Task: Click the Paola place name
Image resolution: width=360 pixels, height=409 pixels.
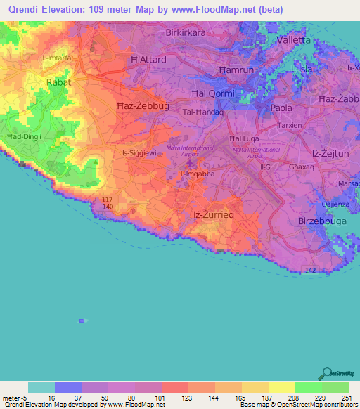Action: coord(283,108)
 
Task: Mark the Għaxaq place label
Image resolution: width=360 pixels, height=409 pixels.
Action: coord(301,167)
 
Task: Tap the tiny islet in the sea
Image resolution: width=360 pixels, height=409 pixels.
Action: coord(82,320)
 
